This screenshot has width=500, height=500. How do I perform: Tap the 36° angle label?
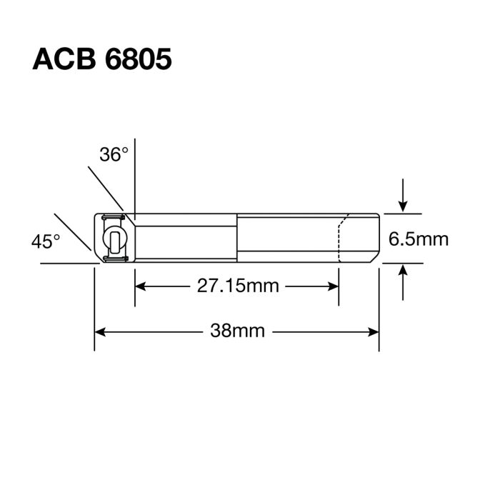(114, 154)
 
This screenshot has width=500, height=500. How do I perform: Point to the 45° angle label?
(46, 241)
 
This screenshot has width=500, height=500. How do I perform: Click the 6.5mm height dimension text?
(419, 239)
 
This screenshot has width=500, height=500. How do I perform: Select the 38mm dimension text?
(237, 331)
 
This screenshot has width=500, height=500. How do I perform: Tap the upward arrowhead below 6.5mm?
(404, 271)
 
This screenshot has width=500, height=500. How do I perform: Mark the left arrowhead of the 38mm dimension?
(101, 331)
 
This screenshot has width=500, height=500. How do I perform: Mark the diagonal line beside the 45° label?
(72, 230)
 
